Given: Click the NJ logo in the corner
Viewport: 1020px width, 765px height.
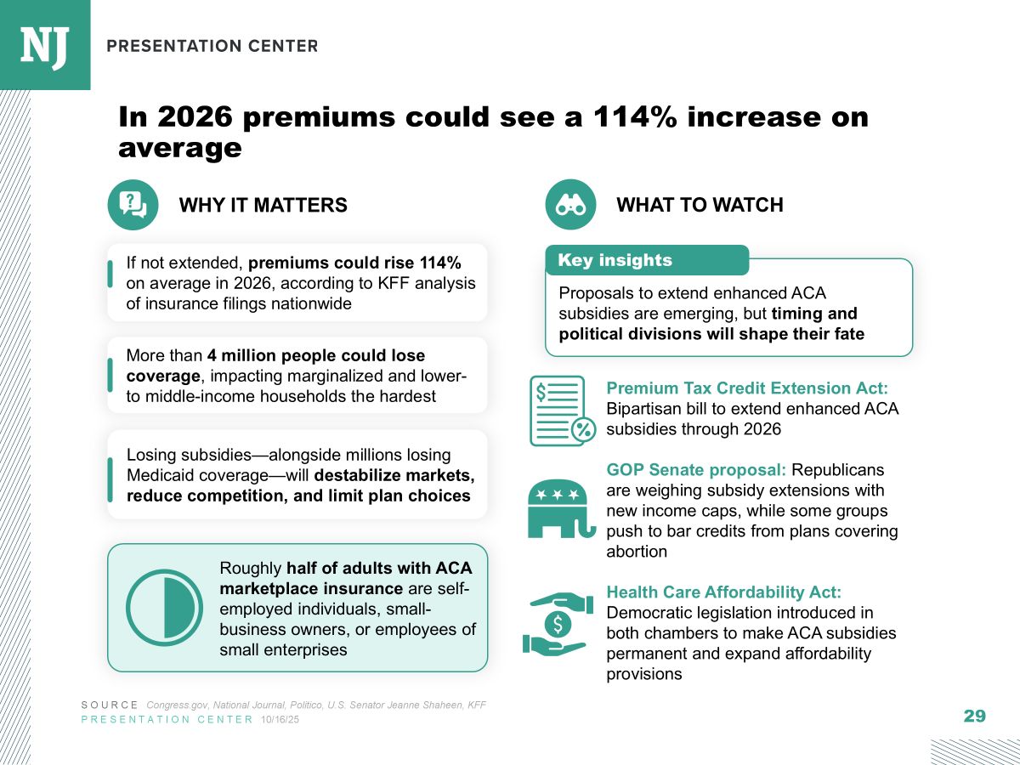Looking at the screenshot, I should [x=44, y=44].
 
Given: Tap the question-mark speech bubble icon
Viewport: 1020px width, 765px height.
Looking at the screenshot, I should [x=133, y=205].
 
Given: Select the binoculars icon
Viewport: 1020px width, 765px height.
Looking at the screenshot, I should [x=569, y=205].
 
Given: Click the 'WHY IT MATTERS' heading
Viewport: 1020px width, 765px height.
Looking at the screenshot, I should [x=263, y=205].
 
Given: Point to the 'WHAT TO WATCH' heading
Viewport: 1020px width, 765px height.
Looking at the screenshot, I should [x=700, y=205].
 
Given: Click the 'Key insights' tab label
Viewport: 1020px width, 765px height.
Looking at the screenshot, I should [x=615, y=260].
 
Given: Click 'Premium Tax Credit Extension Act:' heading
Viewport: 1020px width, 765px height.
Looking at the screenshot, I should [x=747, y=388].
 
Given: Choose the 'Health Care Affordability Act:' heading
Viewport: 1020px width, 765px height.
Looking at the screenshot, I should [x=723, y=592].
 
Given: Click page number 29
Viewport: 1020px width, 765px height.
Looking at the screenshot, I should [x=974, y=716].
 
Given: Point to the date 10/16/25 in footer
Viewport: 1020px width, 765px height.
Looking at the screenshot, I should [x=280, y=720].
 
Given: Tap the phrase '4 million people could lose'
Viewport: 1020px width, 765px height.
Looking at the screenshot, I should [x=315, y=354].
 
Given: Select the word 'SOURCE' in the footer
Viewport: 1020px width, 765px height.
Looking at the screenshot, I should [x=110, y=705].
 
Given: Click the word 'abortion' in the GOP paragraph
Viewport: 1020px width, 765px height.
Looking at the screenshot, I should [x=637, y=551].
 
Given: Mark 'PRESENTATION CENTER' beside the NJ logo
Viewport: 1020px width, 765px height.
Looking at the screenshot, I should [x=212, y=45].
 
